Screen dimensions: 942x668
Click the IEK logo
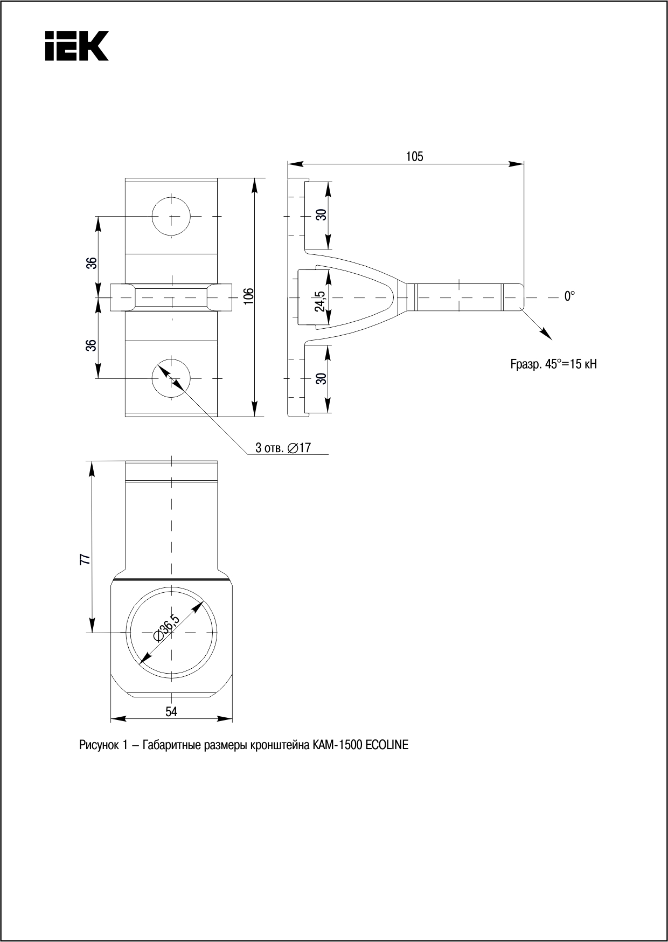(77, 46)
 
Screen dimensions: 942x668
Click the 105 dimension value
(414, 157)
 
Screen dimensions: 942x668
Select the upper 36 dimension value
(93, 263)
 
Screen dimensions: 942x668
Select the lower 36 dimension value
(93, 345)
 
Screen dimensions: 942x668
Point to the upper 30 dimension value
(322, 214)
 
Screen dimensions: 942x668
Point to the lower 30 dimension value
(322, 379)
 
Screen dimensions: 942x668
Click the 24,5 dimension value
(320, 301)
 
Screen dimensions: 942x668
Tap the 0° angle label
(569, 296)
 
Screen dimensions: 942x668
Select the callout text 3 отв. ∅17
(283, 448)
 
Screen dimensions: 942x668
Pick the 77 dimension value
(85, 559)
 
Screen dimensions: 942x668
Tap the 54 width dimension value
(171, 712)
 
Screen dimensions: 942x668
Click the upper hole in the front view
(171, 216)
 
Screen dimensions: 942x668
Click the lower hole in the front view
(171, 378)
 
